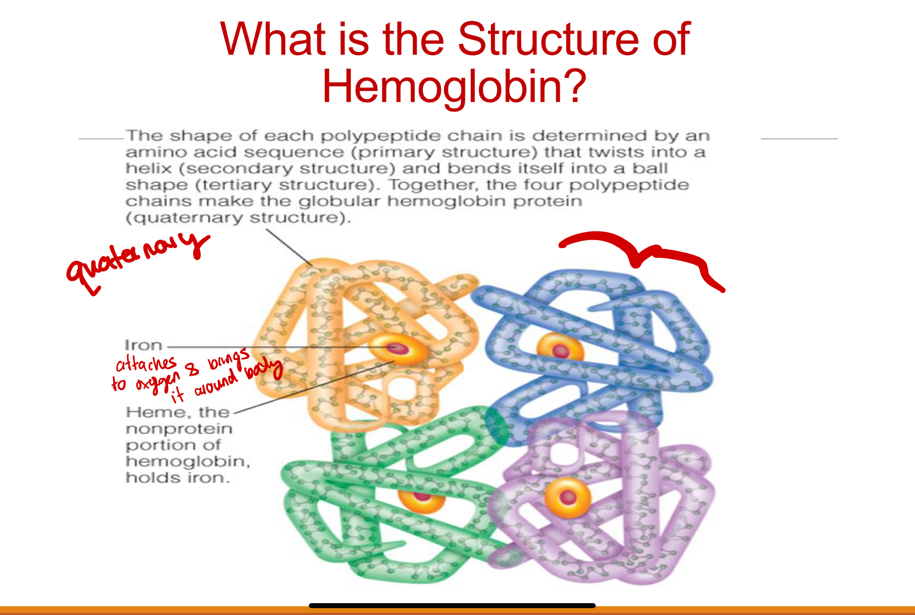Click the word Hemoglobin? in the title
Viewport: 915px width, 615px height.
click(x=454, y=87)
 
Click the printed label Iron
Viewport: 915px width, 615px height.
click(x=143, y=345)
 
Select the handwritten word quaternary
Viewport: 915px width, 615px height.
click(x=137, y=260)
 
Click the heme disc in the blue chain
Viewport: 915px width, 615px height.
click(x=560, y=350)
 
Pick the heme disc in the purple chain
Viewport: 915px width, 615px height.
click(x=568, y=497)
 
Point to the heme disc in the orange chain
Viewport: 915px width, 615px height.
click(x=398, y=349)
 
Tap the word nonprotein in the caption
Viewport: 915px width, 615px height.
click(x=179, y=429)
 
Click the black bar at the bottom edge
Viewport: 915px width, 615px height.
click(x=452, y=605)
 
